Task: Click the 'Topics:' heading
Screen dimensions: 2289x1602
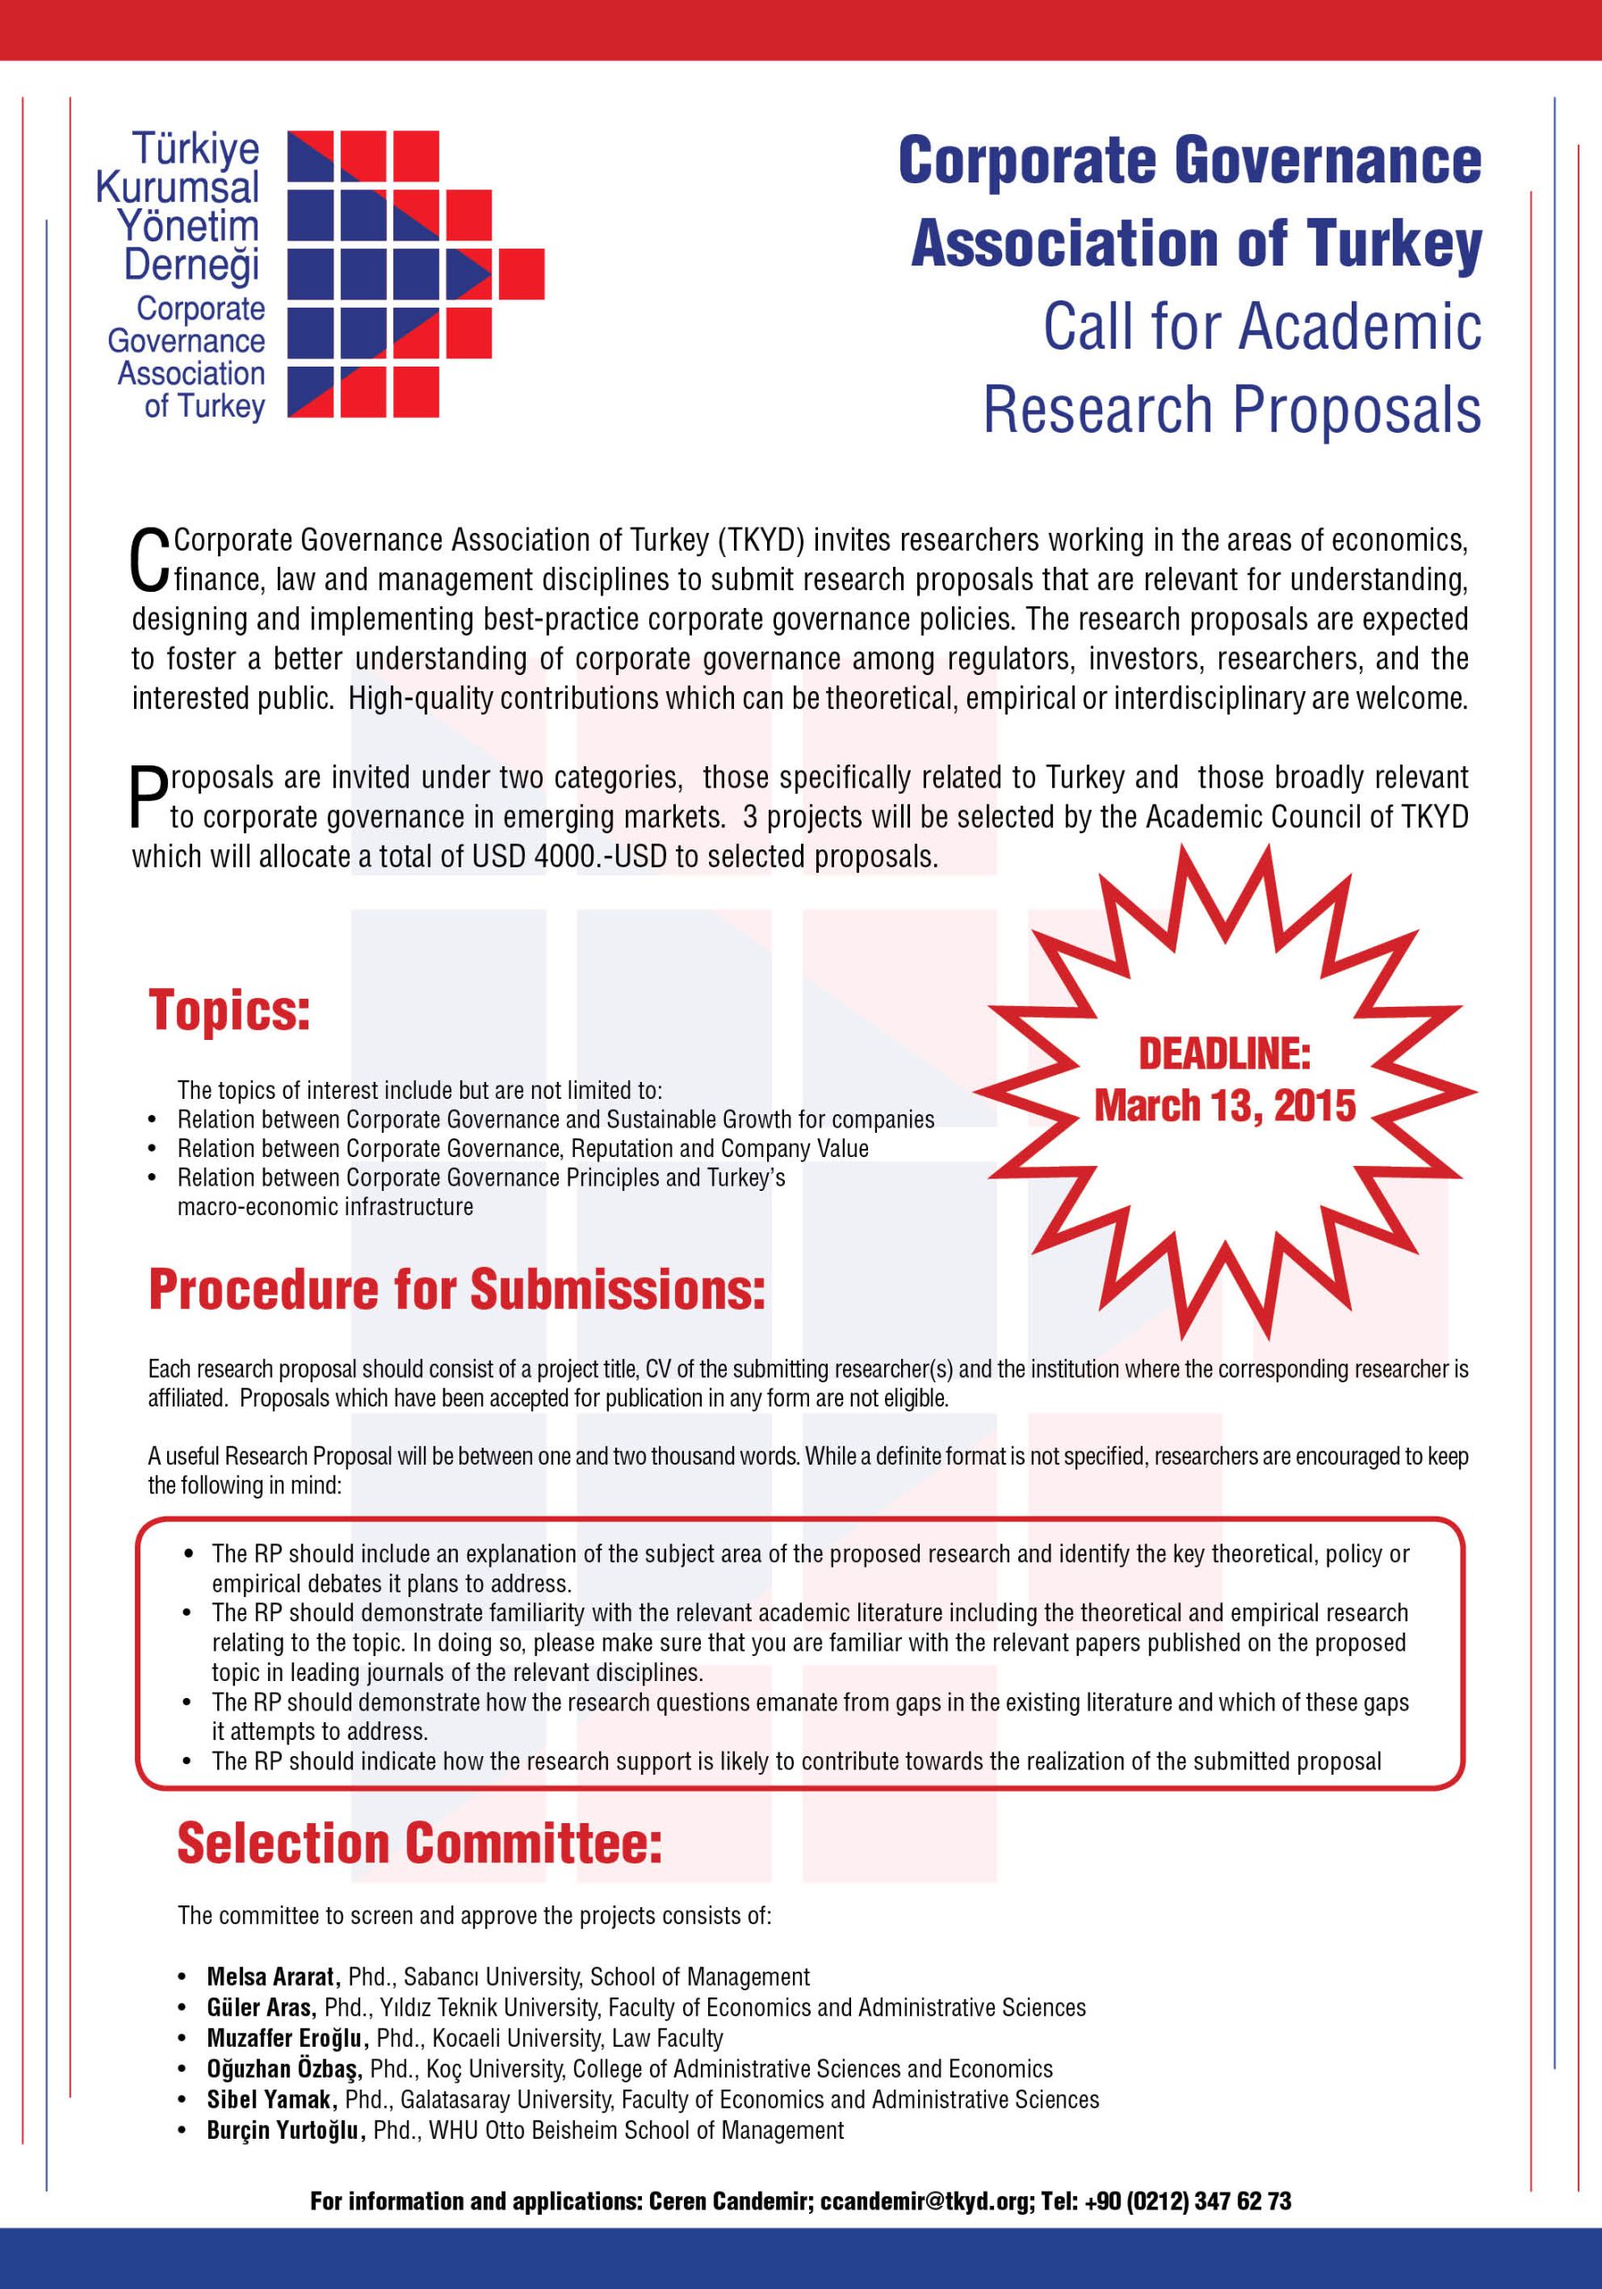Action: point(229,1011)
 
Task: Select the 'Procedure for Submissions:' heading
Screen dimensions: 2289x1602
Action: point(457,1289)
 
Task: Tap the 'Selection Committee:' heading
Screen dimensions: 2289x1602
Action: point(419,1844)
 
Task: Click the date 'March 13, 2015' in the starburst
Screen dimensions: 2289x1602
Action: point(1225,1106)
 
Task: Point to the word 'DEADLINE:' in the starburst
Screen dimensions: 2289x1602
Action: point(1224,1054)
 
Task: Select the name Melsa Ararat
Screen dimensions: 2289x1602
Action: point(274,1977)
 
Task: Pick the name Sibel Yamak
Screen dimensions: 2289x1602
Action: point(269,2099)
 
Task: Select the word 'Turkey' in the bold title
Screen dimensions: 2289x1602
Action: point(1394,244)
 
